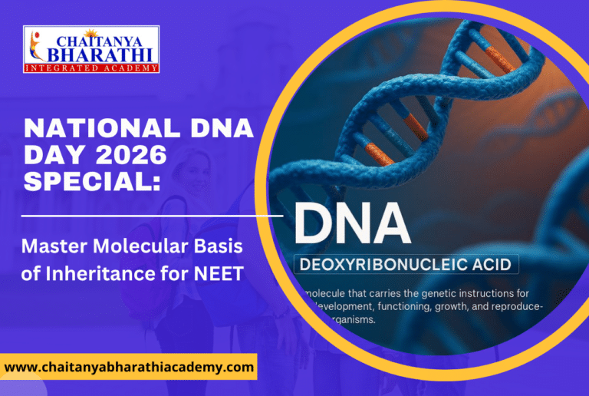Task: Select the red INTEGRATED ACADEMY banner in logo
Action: (91, 68)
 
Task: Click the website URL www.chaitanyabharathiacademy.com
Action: (129, 368)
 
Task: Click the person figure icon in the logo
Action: (33, 48)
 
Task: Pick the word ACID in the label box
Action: (492, 266)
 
